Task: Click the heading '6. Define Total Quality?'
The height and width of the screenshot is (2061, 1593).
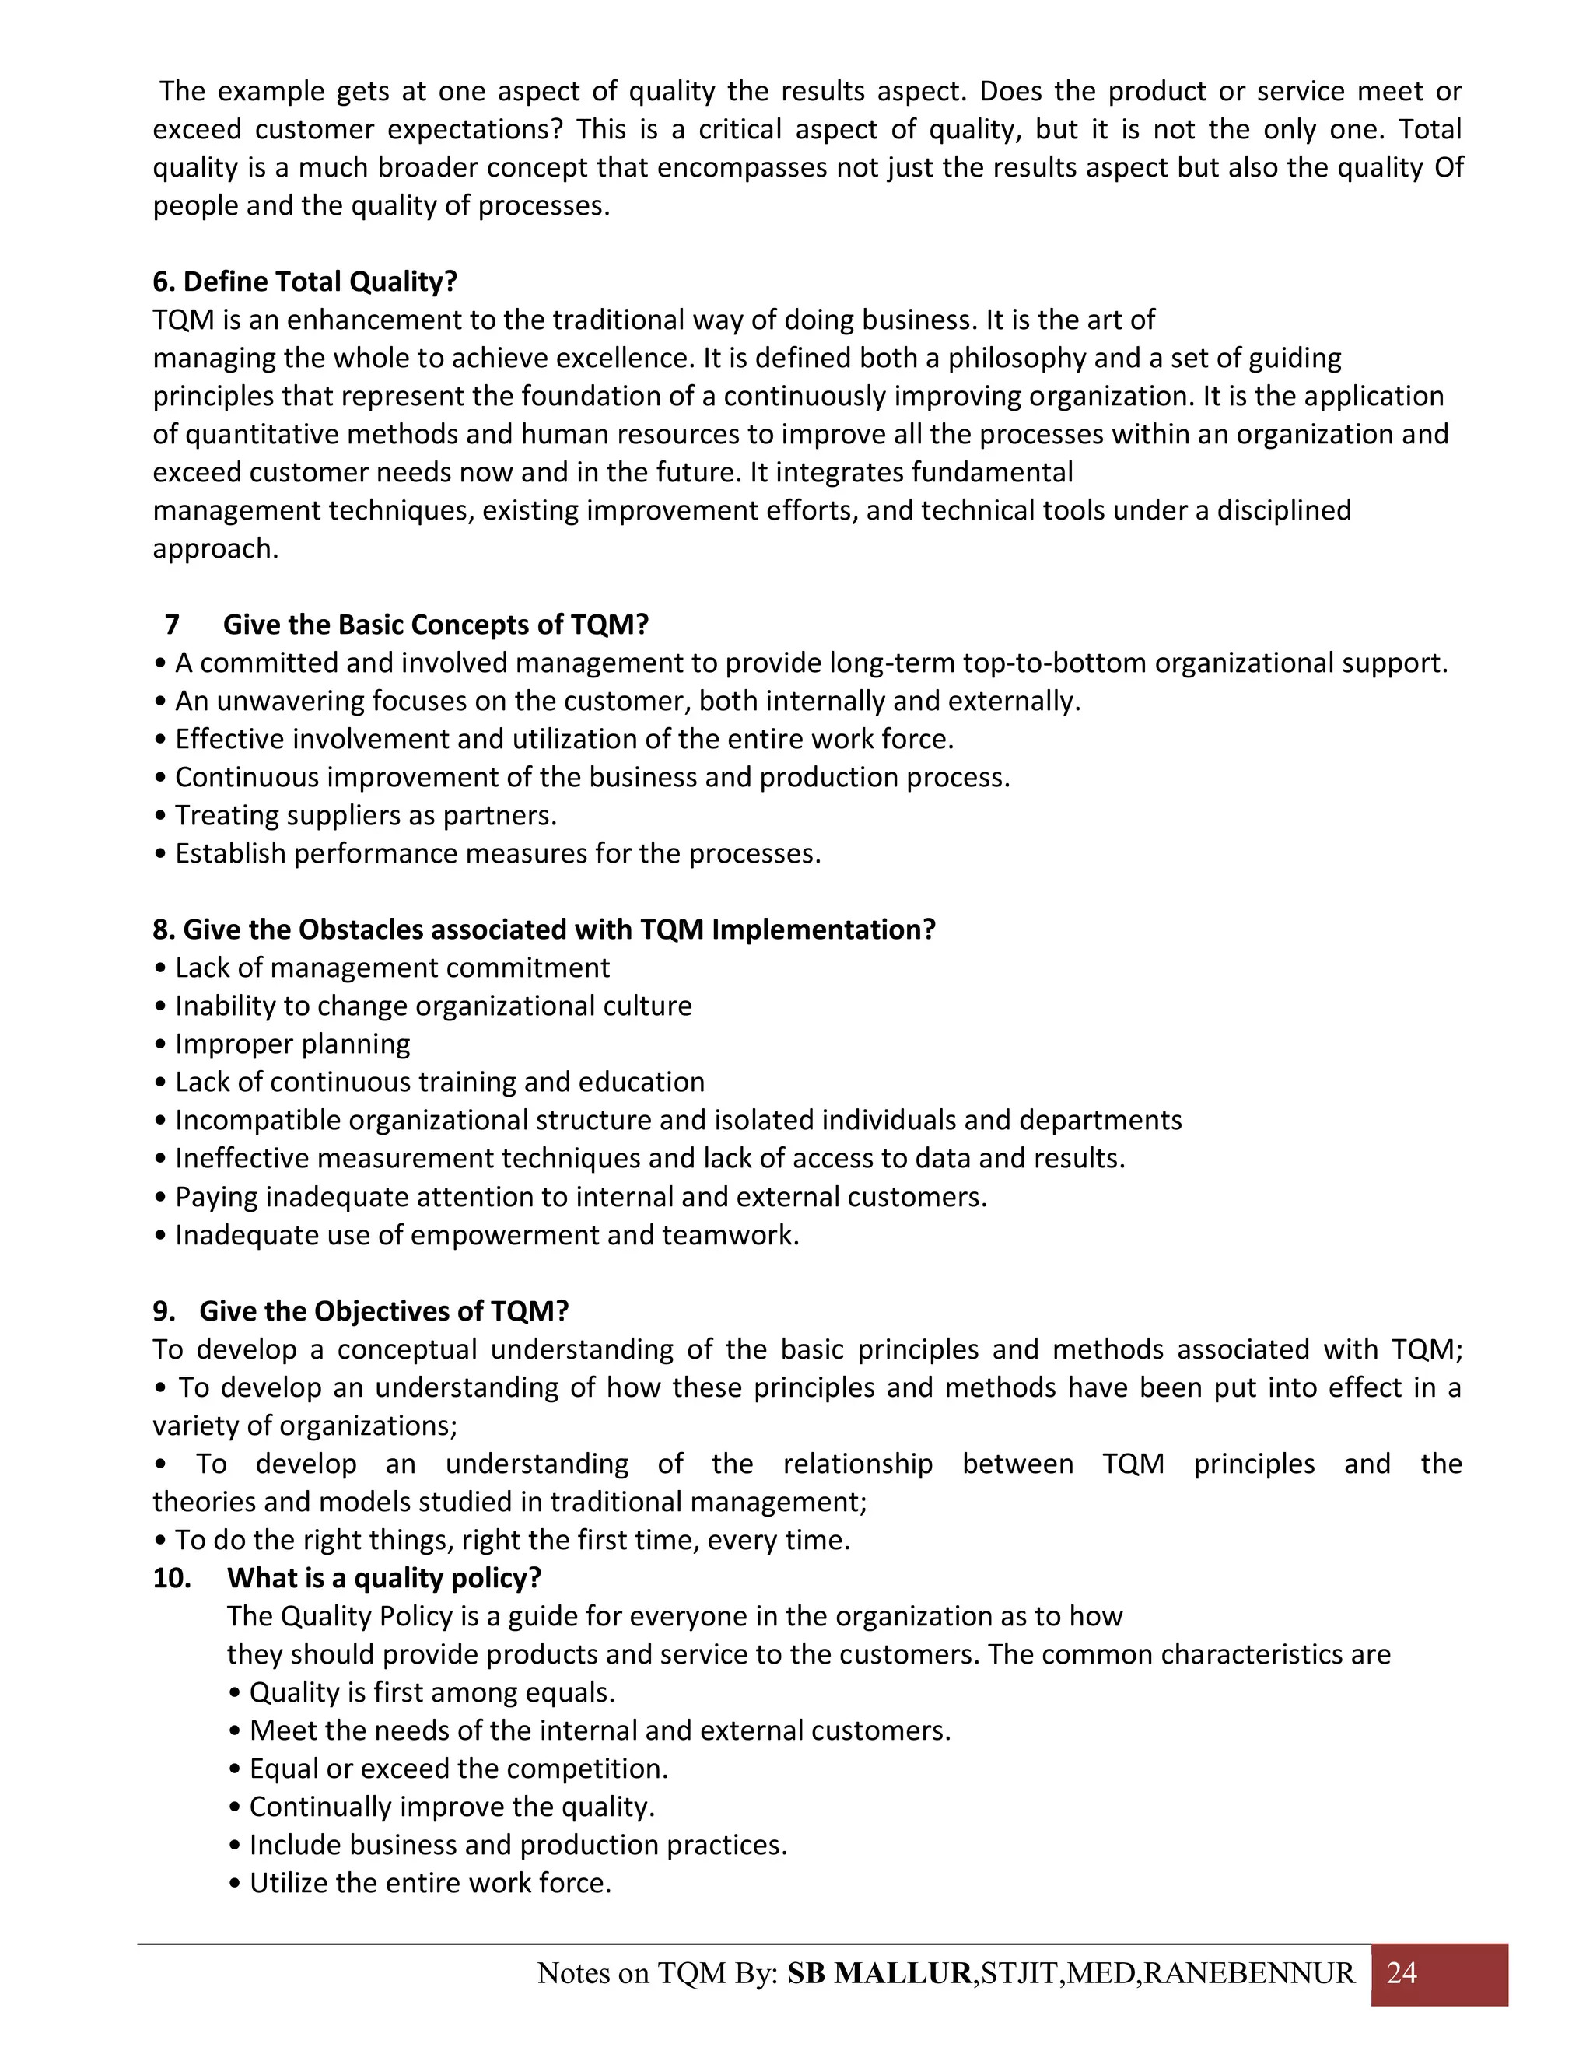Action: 305,282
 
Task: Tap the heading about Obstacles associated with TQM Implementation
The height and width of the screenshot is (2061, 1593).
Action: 544,929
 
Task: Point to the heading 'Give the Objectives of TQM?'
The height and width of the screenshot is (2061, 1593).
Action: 384,1310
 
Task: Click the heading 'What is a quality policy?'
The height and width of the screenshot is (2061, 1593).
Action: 384,1578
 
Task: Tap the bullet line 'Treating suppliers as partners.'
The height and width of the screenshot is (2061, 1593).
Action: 366,815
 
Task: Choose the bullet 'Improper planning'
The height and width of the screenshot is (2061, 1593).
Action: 292,1044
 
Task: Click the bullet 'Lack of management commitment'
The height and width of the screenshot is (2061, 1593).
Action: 392,968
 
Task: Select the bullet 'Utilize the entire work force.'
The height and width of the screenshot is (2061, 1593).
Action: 429,1883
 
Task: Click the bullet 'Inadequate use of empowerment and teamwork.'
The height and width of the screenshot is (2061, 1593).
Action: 486,1234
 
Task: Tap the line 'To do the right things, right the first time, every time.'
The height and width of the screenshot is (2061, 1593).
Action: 512,1540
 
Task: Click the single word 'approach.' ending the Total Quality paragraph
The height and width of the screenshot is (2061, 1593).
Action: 216,548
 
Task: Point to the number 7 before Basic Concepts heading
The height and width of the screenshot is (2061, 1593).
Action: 172,625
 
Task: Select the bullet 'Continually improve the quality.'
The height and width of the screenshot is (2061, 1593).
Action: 451,1806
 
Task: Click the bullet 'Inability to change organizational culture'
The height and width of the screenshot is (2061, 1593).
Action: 432,1006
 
